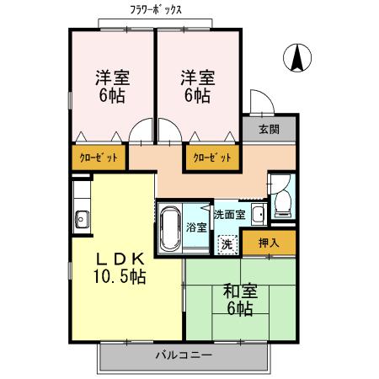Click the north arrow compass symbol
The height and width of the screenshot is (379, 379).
[296, 57]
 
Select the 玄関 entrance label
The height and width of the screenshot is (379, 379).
[269, 129]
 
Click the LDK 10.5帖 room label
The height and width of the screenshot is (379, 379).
[120, 267]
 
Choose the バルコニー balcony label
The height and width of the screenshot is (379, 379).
[183, 355]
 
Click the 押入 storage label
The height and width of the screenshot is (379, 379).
[269, 243]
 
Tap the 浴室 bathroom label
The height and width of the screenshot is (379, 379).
[196, 227]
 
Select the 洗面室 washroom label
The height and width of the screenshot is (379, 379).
[228, 214]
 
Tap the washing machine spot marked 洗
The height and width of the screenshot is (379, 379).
[226, 243]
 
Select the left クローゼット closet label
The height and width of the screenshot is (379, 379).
[98, 157]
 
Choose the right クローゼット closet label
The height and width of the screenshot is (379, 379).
[210, 157]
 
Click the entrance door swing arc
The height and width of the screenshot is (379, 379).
[261, 104]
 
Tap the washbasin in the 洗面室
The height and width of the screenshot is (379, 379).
[258, 214]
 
